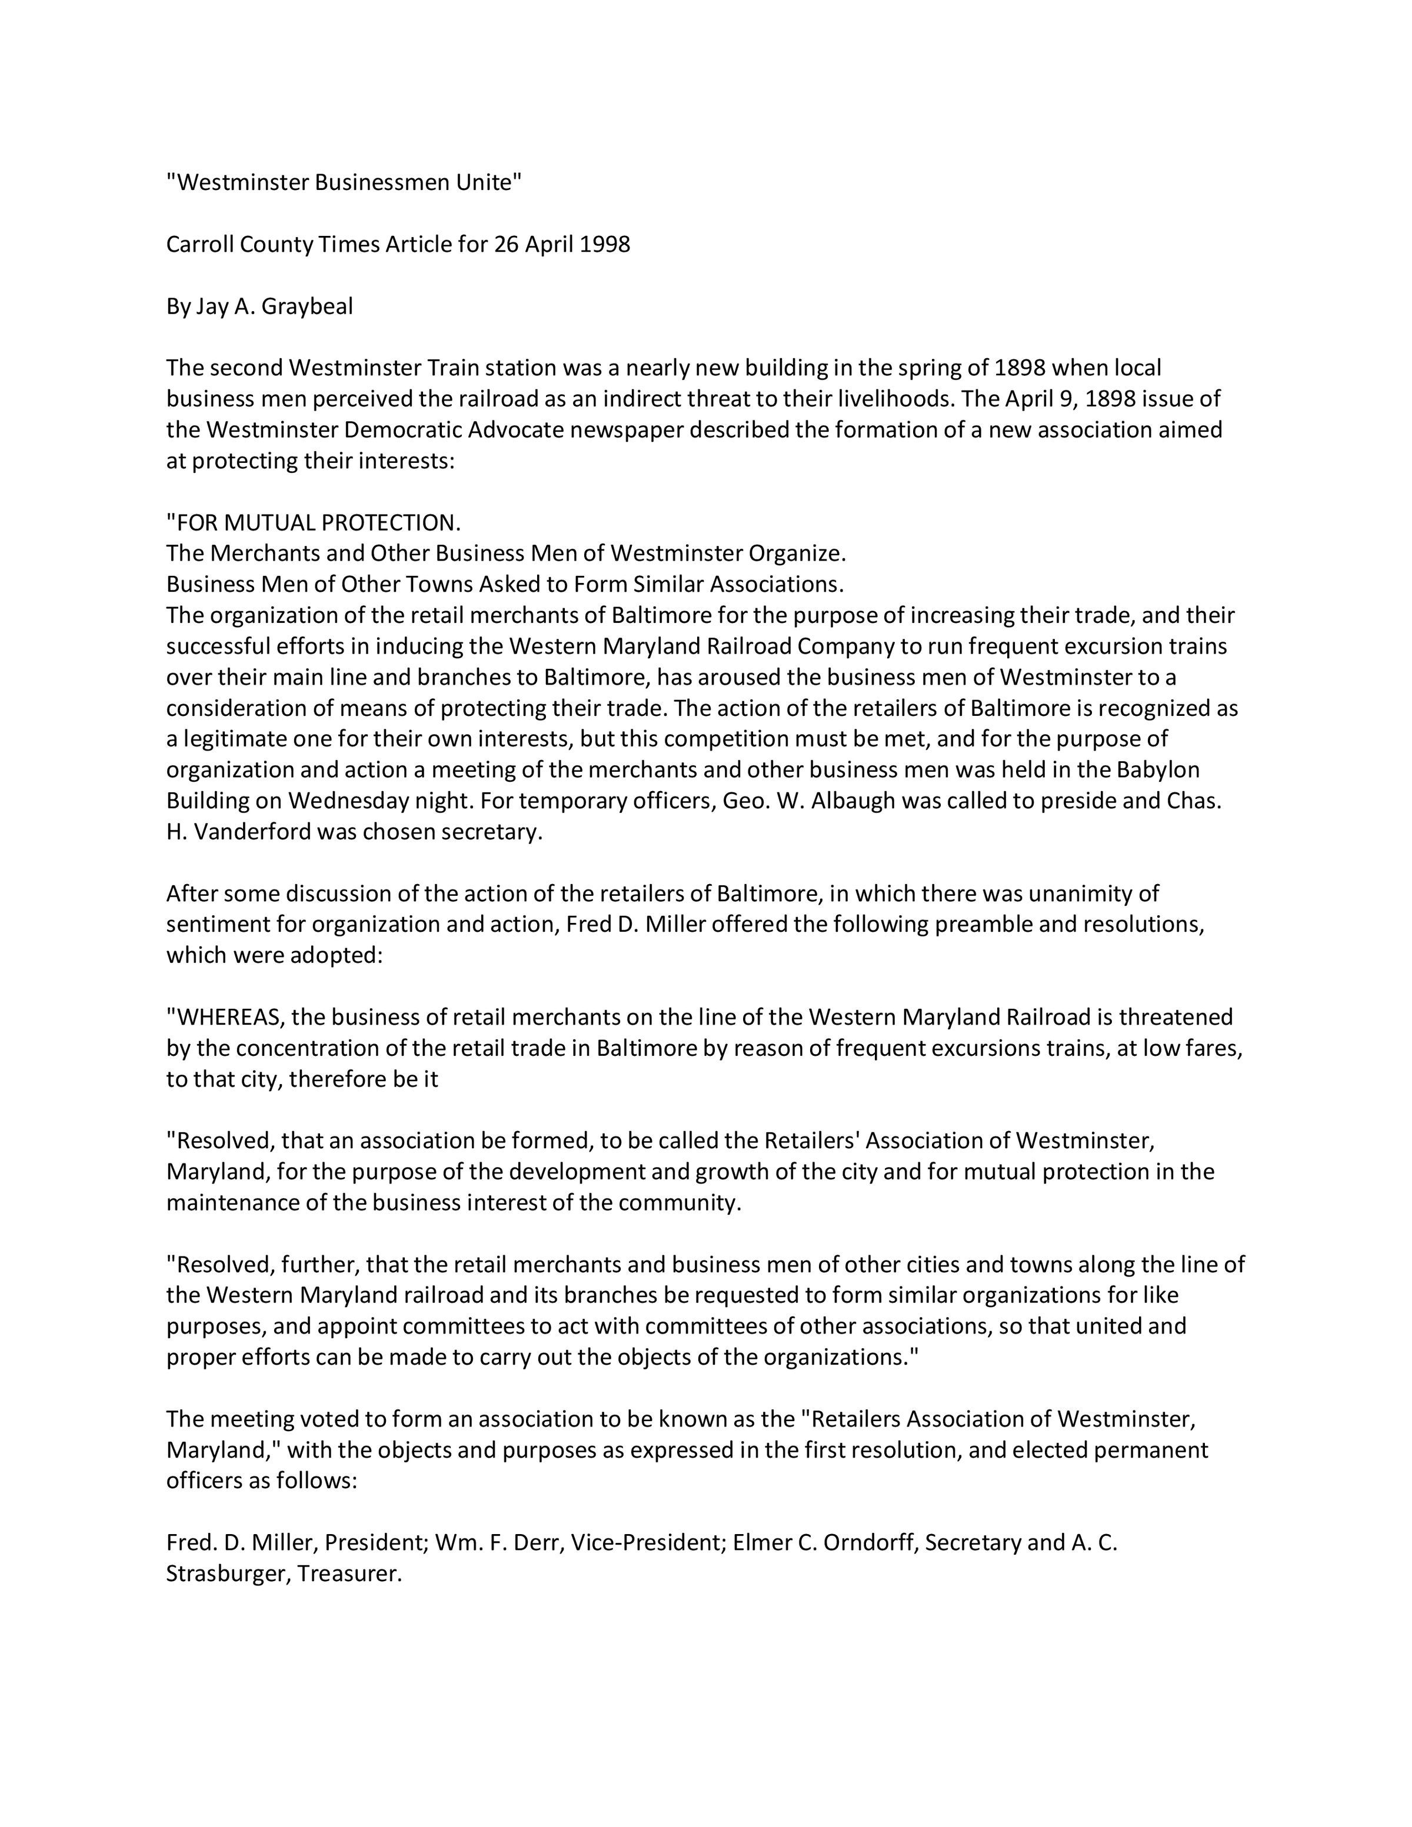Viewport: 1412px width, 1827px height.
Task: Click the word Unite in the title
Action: (486, 182)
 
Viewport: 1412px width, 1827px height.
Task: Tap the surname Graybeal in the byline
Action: (307, 306)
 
